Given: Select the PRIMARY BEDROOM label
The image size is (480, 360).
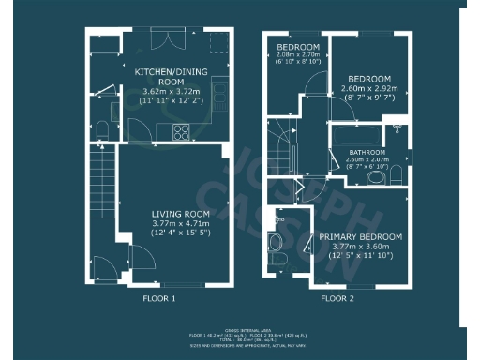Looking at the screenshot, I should coord(361,236).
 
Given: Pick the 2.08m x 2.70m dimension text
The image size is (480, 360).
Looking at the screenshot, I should coord(297,55).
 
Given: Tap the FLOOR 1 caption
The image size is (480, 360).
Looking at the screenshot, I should coord(157,299).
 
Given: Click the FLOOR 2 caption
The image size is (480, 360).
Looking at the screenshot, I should coord(337,299).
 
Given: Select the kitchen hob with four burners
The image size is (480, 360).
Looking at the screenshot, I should coord(180,131).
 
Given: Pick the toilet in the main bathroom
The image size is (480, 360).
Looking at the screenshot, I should coord(396,173).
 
